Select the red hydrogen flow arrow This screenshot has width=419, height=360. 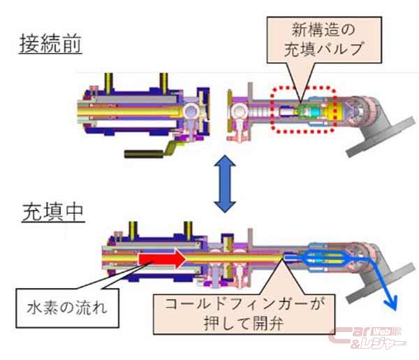coord(161,259)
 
